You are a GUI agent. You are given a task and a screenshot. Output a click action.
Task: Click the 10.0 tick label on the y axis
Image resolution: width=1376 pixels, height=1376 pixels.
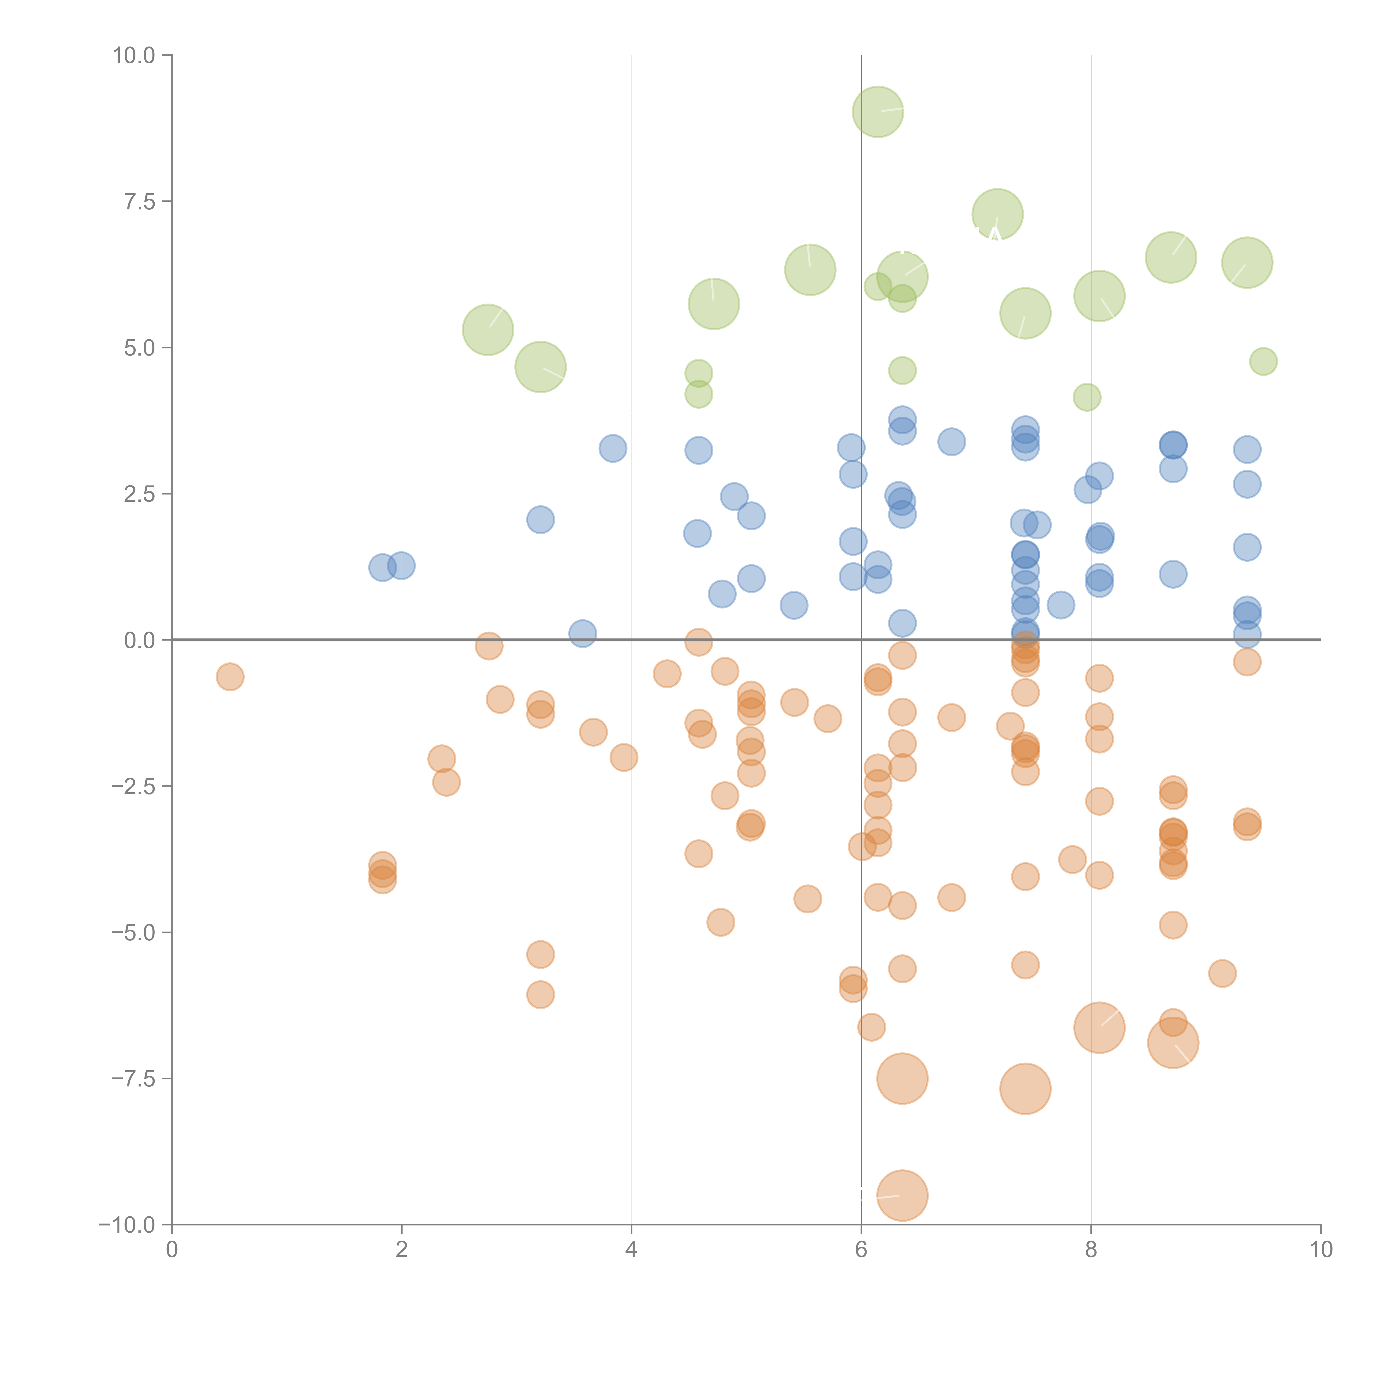(134, 56)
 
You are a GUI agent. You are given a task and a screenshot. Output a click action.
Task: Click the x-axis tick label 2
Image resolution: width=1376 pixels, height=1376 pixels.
(402, 1250)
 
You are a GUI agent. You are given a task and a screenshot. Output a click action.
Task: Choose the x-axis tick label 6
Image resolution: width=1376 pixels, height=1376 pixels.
(861, 1250)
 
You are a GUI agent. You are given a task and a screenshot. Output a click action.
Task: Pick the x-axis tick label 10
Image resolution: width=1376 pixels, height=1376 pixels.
(1320, 1250)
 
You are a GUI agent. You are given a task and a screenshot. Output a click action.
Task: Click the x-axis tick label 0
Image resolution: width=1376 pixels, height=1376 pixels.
(172, 1250)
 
